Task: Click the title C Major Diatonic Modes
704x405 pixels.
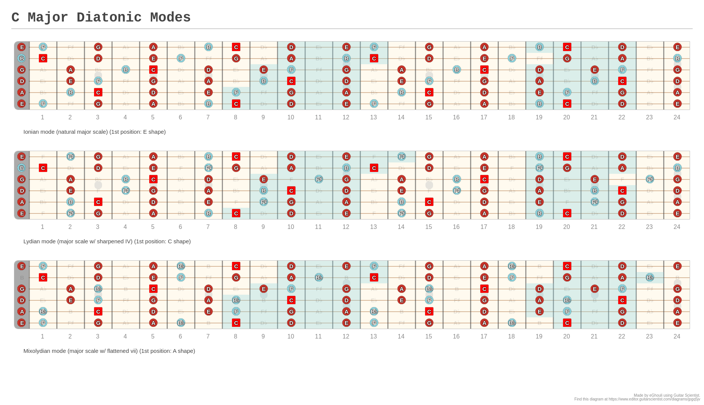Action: click(x=101, y=17)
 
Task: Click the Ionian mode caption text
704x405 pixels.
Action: click(x=94, y=132)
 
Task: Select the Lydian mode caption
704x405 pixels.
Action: click(x=107, y=241)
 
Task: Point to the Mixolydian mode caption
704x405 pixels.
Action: click(x=109, y=351)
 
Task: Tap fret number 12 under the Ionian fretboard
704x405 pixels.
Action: click(x=346, y=117)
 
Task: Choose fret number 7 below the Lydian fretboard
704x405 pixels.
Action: click(x=208, y=227)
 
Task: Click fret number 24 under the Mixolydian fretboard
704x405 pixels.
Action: click(x=676, y=337)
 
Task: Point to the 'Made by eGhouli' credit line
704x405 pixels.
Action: click(x=667, y=396)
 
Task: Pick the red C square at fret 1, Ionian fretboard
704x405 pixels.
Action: click(x=43, y=58)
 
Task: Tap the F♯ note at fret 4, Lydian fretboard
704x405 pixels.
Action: click(x=126, y=190)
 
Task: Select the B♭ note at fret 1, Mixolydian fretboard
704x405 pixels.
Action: click(x=43, y=311)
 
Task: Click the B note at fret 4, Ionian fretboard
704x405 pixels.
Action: click(x=126, y=70)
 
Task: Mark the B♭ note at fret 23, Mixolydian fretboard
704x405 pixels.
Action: click(x=650, y=277)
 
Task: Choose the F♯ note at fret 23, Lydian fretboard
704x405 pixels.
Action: click(x=650, y=179)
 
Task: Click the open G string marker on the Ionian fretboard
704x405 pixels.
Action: click(x=22, y=70)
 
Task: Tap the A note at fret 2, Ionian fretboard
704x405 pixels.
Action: click(x=70, y=70)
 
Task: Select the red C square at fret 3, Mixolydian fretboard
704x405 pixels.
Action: click(x=98, y=311)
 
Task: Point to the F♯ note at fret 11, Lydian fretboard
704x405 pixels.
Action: click(x=319, y=179)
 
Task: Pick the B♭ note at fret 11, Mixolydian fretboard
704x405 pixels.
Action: click(x=319, y=277)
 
